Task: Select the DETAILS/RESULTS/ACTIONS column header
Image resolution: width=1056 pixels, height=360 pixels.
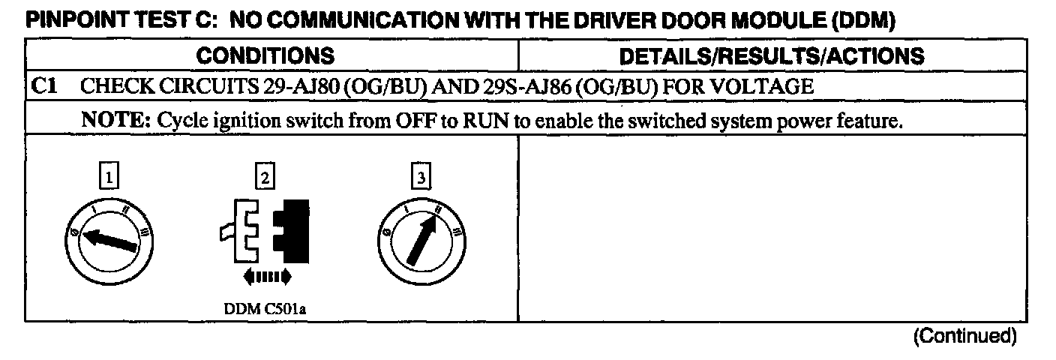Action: [x=771, y=56]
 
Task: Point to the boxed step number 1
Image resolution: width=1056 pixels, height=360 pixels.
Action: [x=110, y=178]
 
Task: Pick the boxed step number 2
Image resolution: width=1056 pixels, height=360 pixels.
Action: [x=265, y=178]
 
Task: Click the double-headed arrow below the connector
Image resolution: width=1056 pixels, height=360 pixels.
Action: [x=266, y=278]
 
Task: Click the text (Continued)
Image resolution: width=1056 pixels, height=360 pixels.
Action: [x=964, y=336]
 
